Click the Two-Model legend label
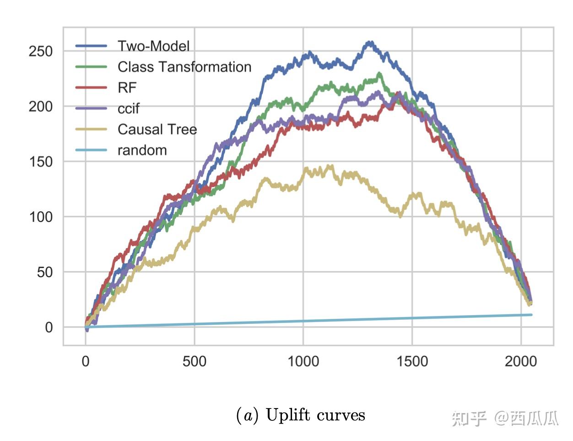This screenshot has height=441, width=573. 153,46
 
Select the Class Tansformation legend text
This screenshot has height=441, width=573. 184,67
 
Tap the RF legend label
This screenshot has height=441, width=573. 127,88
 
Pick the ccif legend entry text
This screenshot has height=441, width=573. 129,109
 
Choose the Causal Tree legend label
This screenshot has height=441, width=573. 157,129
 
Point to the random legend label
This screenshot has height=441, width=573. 142,151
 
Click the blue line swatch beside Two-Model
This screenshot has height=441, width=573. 91,46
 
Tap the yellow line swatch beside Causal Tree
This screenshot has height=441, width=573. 91,129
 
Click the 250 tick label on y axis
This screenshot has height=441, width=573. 41,51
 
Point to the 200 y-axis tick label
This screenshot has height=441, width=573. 41,107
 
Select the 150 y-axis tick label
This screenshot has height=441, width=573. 41,162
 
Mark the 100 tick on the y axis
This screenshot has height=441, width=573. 41,217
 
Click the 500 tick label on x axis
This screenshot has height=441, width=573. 195,361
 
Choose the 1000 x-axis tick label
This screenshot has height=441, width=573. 303,361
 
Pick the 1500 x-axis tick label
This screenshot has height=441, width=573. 412,361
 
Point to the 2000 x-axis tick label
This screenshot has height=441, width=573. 521,361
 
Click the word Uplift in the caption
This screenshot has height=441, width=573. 286,415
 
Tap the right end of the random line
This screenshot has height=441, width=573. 531,315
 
